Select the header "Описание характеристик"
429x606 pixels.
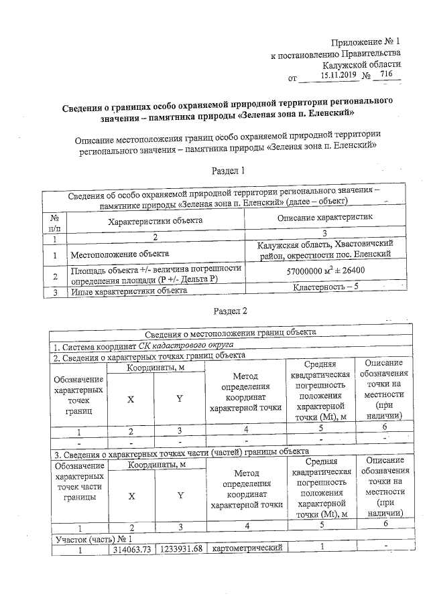324,218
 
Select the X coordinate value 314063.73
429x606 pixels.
132,549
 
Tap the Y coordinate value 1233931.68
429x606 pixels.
180,549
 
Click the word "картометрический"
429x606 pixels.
245,549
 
